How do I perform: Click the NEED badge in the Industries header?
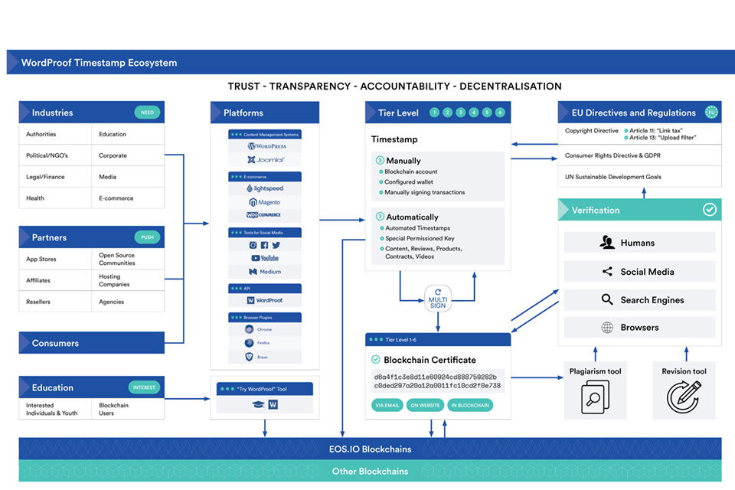point(147,113)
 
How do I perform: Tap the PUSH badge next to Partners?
point(147,237)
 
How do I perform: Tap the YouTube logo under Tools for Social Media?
point(266,258)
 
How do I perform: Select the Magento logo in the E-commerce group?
point(265,202)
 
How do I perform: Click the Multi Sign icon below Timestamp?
point(437,298)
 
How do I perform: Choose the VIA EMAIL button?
point(387,405)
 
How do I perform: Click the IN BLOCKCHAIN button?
point(470,405)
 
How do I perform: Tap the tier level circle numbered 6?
point(500,113)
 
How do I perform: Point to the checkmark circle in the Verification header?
point(710,209)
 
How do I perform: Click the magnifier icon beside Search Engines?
point(607,300)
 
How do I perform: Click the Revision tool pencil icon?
point(683,397)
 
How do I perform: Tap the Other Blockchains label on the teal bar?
point(370,471)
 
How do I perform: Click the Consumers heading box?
point(92,343)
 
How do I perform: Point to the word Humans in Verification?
point(638,243)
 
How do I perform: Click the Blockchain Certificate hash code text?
point(437,381)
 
